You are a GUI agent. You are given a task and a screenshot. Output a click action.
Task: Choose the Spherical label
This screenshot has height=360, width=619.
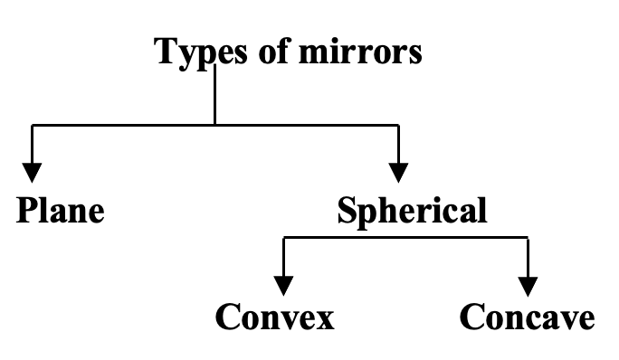pyautogui.click(x=412, y=212)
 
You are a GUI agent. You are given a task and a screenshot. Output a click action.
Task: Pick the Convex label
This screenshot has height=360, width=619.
pyautogui.click(x=275, y=317)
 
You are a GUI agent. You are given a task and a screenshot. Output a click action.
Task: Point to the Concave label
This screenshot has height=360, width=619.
pyautogui.click(x=528, y=317)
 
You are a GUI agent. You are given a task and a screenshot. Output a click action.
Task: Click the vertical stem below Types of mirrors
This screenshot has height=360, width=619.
pyautogui.click(x=214, y=95)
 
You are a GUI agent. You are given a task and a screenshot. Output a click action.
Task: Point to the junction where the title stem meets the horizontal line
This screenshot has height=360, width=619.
pyautogui.click(x=214, y=125)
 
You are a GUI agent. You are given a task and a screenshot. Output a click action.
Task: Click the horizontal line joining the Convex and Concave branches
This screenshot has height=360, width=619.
pyautogui.click(x=407, y=238)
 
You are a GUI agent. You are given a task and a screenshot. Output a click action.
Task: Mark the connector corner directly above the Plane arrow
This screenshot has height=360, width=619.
pyautogui.click(x=33, y=125)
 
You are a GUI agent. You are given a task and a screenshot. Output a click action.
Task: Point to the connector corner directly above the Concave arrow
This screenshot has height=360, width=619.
pyautogui.click(x=529, y=238)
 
